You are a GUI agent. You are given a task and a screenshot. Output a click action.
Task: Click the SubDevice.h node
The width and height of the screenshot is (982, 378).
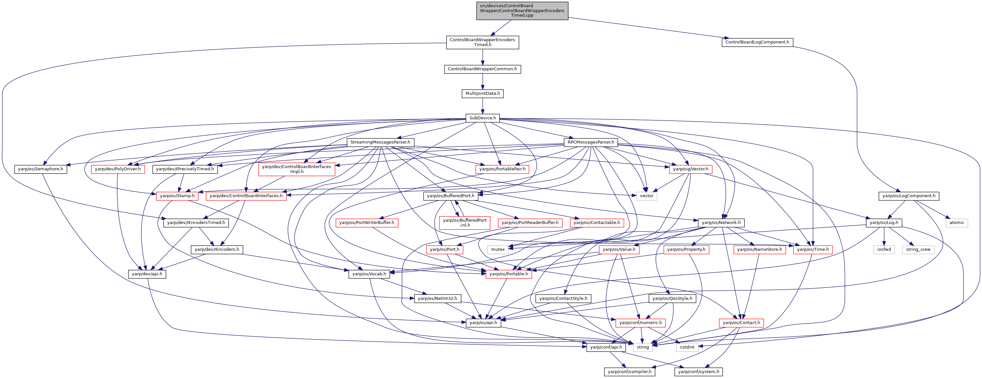pyautogui.click(x=483, y=118)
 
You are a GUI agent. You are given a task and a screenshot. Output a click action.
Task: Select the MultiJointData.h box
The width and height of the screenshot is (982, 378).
pyautogui.click(x=483, y=94)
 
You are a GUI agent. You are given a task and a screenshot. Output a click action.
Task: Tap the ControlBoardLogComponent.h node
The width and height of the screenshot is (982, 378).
pyautogui.click(x=757, y=42)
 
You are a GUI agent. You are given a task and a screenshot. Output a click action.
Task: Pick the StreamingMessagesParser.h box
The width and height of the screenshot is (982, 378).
pyautogui.click(x=381, y=142)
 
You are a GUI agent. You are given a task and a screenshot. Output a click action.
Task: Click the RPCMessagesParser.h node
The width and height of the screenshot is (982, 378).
pyautogui.click(x=591, y=142)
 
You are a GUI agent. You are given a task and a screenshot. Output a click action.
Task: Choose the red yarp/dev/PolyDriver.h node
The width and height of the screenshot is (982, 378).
pyautogui.click(x=118, y=169)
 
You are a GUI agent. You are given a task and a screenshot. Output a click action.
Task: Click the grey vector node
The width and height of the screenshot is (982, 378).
pyautogui.click(x=647, y=196)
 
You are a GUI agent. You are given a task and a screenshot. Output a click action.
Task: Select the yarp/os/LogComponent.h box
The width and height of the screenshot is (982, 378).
pyautogui.click(x=909, y=196)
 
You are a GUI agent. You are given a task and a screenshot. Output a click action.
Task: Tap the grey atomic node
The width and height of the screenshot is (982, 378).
pyautogui.click(x=957, y=223)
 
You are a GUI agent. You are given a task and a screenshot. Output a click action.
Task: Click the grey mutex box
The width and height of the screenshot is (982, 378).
pyautogui.click(x=498, y=249)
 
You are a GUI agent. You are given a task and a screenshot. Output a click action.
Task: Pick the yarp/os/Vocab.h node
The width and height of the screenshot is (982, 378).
pyautogui.click(x=369, y=274)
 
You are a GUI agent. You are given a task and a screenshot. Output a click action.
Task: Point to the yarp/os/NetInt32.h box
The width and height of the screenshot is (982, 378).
pyautogui.click(x=437, y=298)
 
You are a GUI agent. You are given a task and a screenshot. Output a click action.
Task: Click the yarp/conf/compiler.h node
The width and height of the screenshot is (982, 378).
pyautogui.click(x=630, y=371)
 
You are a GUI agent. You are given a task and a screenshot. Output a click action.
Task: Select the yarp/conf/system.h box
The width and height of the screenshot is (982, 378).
pyautogui.click(x=699, y=371)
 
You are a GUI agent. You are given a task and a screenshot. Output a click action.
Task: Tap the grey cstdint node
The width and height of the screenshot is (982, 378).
pyautogui.click(x=687, y=347)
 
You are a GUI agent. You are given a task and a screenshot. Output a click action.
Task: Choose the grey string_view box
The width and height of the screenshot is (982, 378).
pyautogui.click(x=918, y=249)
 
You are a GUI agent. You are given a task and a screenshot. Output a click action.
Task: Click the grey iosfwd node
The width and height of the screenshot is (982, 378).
pyautogui.click(x=884, y=249)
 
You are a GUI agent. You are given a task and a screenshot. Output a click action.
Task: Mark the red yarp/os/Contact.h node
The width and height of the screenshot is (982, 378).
pyautogui.click(x=741, y=323)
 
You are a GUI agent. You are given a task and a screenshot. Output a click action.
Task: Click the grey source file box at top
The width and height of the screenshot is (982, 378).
pyautogui.click(x=522, y=11)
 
